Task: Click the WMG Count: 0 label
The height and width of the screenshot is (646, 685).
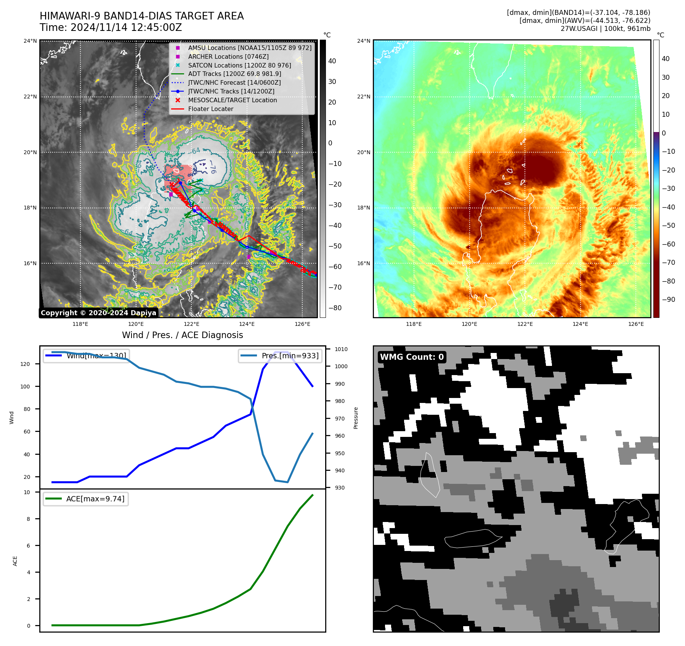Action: coord(412,357)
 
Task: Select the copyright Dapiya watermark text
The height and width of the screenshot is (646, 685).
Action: coord(98,313)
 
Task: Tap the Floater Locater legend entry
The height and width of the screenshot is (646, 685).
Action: coord(210,109)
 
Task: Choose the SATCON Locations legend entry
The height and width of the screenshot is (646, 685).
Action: coord(239,65)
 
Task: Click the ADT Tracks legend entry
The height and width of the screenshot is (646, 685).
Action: coord(234,74)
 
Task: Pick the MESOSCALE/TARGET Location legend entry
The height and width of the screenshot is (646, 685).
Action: coord(233,100)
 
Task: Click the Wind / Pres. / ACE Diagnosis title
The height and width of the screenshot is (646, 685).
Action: coord(182,335)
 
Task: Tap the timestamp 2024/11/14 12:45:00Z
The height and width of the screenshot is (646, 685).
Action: coord(126,27)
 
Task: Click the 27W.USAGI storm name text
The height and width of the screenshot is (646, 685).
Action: coord(575,29)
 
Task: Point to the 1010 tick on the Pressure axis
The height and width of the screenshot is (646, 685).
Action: coord(341,349)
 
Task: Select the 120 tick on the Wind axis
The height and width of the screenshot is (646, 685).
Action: coord(25,364)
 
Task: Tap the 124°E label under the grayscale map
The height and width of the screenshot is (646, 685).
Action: coord(247,324)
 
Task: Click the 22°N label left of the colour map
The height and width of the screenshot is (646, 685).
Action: coord(363,97)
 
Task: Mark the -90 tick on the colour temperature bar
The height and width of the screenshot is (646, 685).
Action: coord(668,300)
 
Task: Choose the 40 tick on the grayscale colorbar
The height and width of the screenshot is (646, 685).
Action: coord(332,61)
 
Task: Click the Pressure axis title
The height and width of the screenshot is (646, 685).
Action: coord(356,418)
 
